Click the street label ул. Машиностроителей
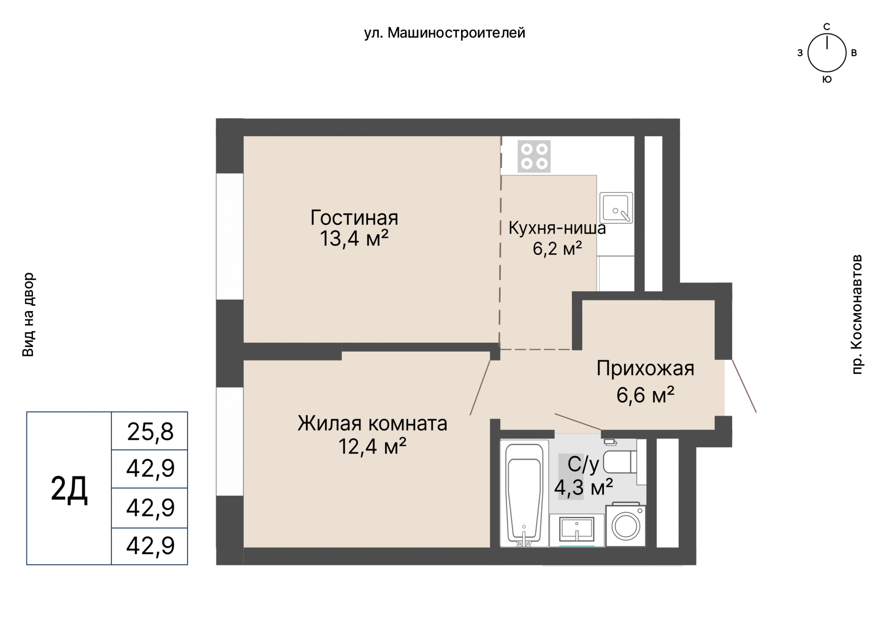point(444,33)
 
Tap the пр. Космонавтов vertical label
point(857,314)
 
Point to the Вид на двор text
point(28,314)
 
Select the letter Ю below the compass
point(827,80)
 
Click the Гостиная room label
point(354,217)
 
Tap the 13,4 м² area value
point(354,239)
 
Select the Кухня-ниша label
point(557,228)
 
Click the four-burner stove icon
point(534,156)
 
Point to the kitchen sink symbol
point(616,208)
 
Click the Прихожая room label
point(645,369)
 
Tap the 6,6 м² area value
point(645,395)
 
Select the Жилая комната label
point(372,423)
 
